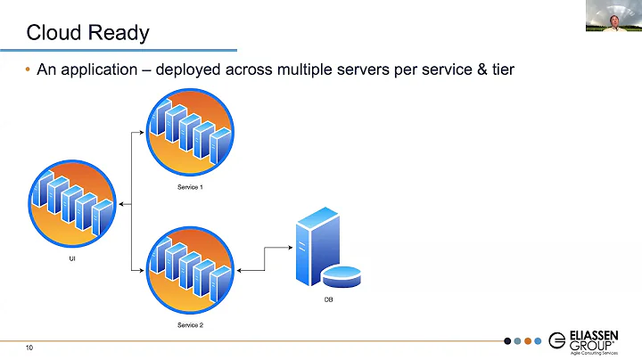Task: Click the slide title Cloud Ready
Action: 87,34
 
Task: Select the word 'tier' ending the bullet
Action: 501,70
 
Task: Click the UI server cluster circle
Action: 72,201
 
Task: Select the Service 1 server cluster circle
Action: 189,134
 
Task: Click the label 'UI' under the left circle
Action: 72,258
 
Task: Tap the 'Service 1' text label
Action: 189,189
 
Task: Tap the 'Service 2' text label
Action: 189,325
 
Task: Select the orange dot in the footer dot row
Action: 528,340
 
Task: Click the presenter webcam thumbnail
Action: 613,16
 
